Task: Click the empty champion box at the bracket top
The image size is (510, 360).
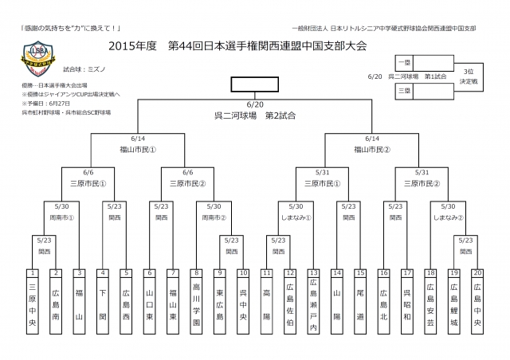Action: point(255,85)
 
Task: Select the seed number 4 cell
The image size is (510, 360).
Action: point(103,272)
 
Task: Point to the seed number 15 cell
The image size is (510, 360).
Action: point(360,272)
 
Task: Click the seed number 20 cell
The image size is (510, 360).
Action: point(477,272)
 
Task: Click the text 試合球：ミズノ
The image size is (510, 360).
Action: point(81,70)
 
